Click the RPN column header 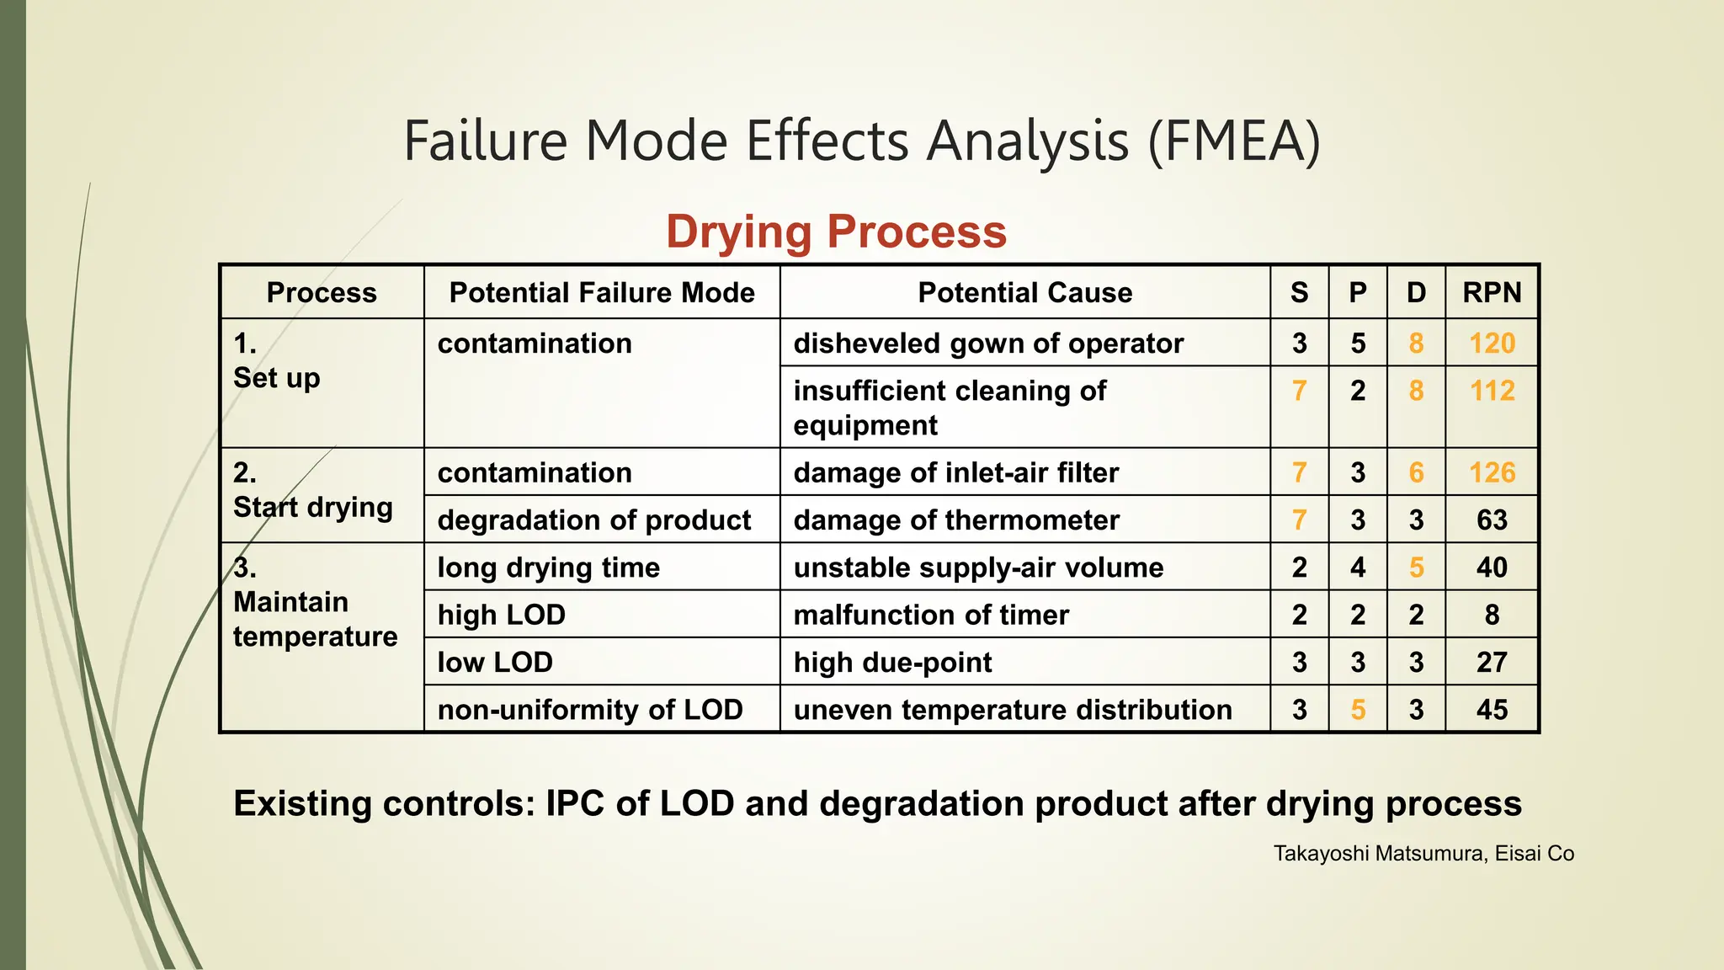[x=1492, y=292]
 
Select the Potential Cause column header [x=1024, y=292]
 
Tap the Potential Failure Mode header [x=602, y=292]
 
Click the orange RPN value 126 [x=1492, y=472]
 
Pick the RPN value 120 [x=1492, y=343]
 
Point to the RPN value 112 [x=1492, y=391]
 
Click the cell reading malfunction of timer [x=931, y=615]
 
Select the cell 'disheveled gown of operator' [x=988, y=343]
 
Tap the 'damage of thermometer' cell [x=956, y=520]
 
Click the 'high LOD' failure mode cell [x=502, y=615]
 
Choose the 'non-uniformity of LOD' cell [x=590, y=710]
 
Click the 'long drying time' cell [x=549, y=568]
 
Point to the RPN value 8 [x=1492, y=615]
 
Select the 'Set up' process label [x=277, y=378]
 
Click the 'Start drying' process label [x=313, y=508]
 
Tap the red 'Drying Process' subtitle [x=836, y=232]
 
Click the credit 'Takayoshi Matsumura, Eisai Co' [x=1423, y=854]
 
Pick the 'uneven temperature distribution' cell [x=1013, y=710]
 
